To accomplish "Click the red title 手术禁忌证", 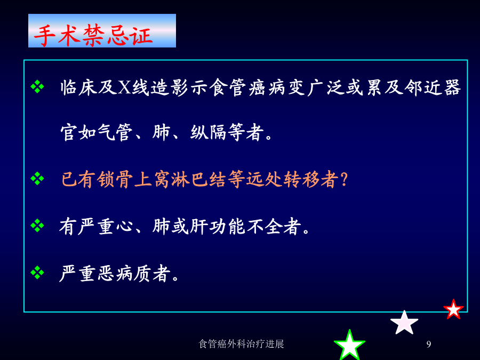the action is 93,35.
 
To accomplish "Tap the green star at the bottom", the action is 349,345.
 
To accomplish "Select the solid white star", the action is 404,323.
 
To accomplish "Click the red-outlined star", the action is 453,309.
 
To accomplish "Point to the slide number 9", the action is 429,345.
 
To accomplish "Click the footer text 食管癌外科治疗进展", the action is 241,344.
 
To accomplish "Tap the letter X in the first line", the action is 125,87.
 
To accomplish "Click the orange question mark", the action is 344,179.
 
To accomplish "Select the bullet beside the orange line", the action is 37,179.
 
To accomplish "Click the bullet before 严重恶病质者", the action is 37,273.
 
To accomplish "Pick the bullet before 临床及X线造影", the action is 37,86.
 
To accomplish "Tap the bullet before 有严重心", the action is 37,226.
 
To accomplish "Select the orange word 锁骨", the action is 115,179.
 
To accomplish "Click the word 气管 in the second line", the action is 115,132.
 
